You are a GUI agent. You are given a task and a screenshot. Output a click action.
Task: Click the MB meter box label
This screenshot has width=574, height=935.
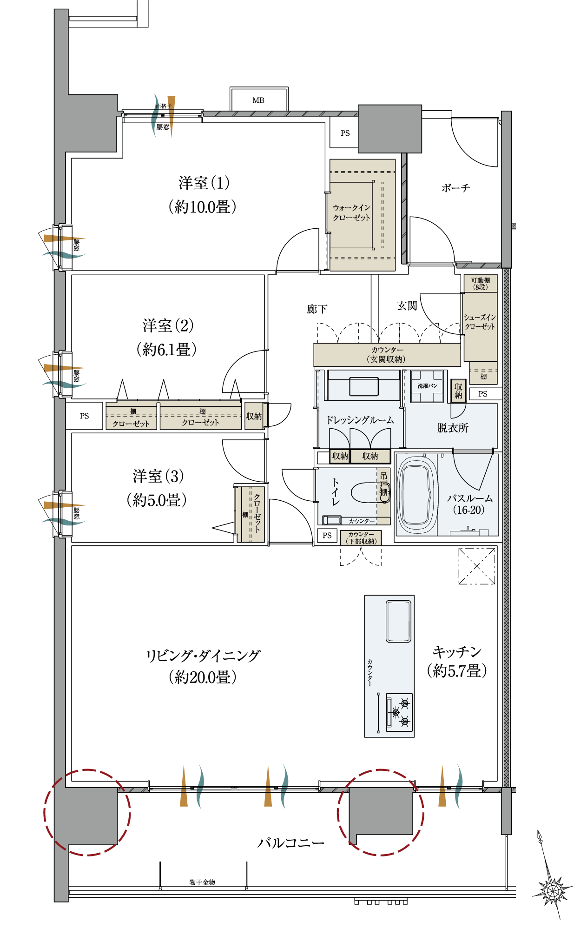(x=258, y=100)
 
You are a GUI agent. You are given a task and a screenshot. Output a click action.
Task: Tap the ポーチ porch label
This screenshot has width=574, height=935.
(x=455, y=188)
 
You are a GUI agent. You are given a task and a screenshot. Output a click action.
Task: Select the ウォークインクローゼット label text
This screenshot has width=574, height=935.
(x=351, y=212)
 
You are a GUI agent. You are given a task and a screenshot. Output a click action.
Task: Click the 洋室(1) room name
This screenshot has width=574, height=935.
(x=204, y=183)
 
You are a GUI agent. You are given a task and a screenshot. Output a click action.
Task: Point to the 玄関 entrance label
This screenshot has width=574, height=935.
(x=407, y=305)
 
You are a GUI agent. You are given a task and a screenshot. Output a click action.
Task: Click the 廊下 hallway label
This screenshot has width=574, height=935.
(x=317, y=309)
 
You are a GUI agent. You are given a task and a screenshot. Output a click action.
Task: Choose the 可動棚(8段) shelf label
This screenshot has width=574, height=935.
(x=480, y=284)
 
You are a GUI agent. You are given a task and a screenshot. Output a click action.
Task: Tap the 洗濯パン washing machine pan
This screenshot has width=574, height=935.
(x=427, y=386)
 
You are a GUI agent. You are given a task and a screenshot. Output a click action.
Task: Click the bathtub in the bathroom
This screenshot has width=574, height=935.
(x=417, y=495)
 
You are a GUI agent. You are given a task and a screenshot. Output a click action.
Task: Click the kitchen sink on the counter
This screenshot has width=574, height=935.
(x=399, y=621)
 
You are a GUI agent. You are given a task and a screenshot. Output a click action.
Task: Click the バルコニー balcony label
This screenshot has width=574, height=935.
(x=291, y=843)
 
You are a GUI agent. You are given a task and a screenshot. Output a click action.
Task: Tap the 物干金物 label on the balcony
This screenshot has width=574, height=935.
(x=202, y=882)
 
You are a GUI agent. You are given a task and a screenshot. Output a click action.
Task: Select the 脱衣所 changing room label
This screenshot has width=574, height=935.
(x=453, y=428)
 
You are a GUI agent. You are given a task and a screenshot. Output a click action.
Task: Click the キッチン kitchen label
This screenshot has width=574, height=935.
(x=457, y=652)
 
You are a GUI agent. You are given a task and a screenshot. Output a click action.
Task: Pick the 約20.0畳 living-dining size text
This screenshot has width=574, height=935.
(x=203, y=677)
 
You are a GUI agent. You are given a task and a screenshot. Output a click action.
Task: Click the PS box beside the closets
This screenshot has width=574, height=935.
(x=84, y=416)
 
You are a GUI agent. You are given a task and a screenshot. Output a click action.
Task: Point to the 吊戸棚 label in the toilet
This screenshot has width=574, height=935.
(x=383, y=484)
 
